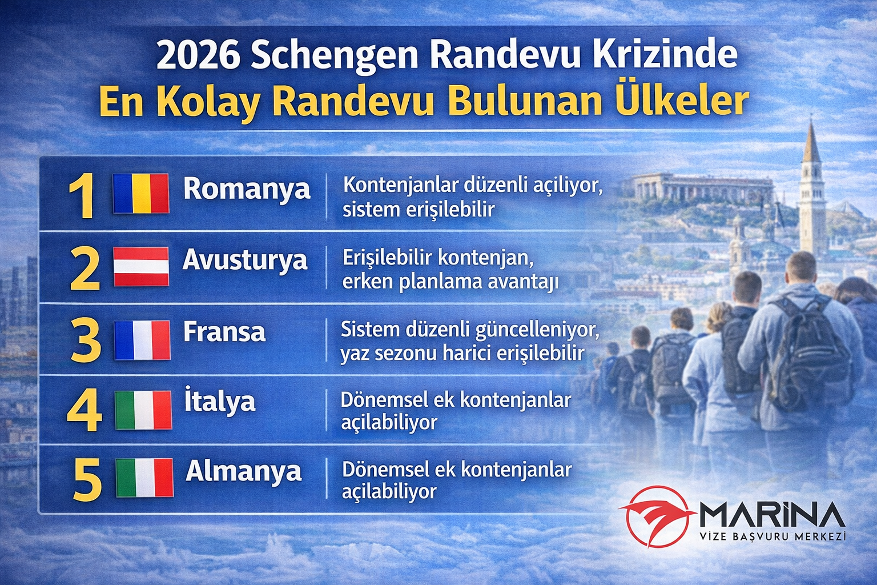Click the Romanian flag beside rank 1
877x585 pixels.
point(140,193)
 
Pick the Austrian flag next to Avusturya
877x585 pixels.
point(140,266)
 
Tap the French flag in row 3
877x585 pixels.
point(142,339)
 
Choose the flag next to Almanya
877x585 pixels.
point(144,478)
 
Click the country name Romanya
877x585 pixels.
point(247,189)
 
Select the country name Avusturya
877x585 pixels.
point(245,261)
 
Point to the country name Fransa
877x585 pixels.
point(224,332)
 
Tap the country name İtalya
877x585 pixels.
point(219,401)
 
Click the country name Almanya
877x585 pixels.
point(244,472)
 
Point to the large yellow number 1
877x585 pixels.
point(82,196)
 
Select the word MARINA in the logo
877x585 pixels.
point(772,515)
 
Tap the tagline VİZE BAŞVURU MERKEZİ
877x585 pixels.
point(772,536)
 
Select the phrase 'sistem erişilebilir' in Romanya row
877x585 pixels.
point(418,210)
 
